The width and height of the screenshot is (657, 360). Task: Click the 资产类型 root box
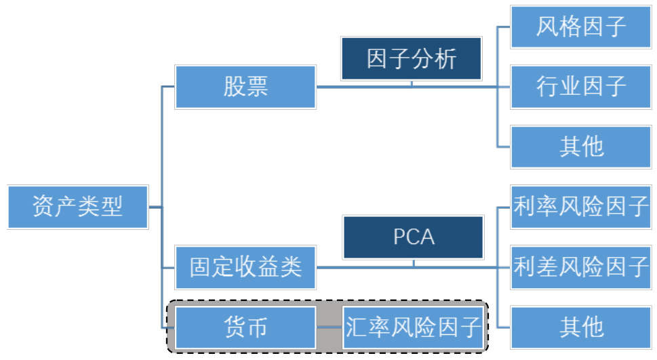[78, 206]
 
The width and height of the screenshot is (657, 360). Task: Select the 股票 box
[245, 87]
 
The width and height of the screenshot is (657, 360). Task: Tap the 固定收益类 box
[245, 267]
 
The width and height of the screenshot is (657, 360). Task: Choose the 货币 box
[245, 327]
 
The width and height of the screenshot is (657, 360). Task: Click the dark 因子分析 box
[412, 60]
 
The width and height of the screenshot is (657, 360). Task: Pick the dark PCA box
[414, 237]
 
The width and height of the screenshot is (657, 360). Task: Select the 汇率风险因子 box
[414, 327]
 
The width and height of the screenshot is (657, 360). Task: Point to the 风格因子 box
[581, 27]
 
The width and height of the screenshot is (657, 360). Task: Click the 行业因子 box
[581, 87]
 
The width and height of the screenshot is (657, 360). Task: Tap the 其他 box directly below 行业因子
[581, 146]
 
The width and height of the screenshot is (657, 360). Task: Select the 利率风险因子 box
[581, 207]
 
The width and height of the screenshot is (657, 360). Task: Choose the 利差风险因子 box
[581, 267]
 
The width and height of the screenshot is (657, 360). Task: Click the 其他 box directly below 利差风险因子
[581, 327]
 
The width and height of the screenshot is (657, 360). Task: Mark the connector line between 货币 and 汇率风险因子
[330, 327]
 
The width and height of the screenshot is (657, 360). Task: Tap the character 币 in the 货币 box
[257, 327]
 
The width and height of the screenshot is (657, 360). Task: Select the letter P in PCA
[399, 237]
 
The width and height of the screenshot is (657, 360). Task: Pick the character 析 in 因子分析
[446, 60]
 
